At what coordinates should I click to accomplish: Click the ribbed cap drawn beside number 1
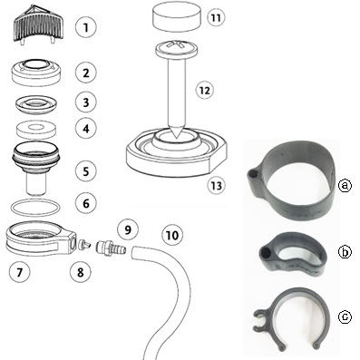tap(38, 24)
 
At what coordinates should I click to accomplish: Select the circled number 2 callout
tap(86, 73)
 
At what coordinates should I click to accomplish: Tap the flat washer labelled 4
tap(37, 130)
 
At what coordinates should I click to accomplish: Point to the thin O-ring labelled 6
tap(35, 208)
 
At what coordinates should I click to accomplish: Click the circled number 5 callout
tap(86, 171)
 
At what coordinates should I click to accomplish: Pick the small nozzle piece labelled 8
tap(84, 244)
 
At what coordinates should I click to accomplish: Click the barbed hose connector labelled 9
tap(111, 248)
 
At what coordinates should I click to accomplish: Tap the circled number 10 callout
tap(172, 236)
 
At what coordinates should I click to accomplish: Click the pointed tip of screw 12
tap(176, 137)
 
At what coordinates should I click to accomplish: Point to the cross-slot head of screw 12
tap(177, 48)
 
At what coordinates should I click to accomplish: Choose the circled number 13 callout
tap(217, 185)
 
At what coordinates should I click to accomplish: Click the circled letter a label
tap(345, 185)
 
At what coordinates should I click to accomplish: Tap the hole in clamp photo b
tap(266, 252)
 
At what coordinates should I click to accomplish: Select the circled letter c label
tap(345, 316)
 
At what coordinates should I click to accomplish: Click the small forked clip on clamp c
tap(259, 320)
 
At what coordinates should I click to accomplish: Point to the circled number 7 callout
tap(19, 272)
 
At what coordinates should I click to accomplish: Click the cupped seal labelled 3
tap(36, 105)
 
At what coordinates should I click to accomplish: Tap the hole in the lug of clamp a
tap(253, 175)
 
